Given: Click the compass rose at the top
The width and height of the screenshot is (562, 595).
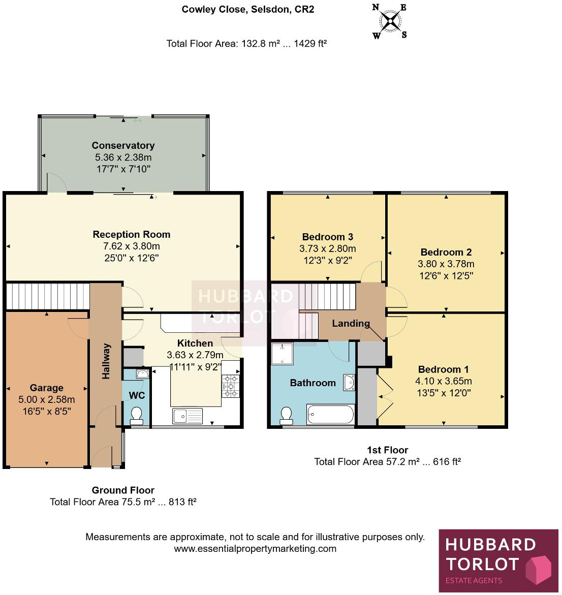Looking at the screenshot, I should click(x=390, y=21).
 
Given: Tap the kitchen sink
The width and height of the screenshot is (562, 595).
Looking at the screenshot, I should click(x=187, y=416).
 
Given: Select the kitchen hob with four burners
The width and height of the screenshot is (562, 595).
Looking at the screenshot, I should click(x=230, y=386).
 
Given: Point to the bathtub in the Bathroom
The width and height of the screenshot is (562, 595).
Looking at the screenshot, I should click(x=331, y=415).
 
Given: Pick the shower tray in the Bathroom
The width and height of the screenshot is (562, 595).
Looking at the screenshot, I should click(x=282, y=354).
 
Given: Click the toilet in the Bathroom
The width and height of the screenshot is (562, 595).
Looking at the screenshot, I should click(x=287, y=416).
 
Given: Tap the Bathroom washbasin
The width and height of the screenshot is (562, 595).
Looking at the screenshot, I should click(x=349, y=382).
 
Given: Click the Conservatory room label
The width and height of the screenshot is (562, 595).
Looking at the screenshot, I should click(x=123, y=145).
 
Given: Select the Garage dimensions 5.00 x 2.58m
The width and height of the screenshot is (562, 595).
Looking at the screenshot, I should click(x=47, y=400).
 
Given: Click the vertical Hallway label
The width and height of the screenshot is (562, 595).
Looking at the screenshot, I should click(x=106, y=361).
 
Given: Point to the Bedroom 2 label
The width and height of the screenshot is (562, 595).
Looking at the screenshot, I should click(x=446, y=252).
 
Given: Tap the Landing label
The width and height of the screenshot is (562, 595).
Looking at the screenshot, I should click(x=351, y=323).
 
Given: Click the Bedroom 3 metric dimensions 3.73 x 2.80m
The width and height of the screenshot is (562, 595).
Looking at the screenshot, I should click(x=327, y=249).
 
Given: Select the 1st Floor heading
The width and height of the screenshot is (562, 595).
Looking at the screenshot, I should click(x=387, y=450).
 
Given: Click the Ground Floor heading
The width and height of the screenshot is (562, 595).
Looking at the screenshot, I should click(x=123, y=490).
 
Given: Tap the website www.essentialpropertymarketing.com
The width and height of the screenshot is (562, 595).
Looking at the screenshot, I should click(x=255, y=549).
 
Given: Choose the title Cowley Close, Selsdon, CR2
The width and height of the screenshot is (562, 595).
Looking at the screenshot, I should click(x=248, y=9).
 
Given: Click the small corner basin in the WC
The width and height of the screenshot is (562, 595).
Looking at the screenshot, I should click(x=142, y=374).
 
